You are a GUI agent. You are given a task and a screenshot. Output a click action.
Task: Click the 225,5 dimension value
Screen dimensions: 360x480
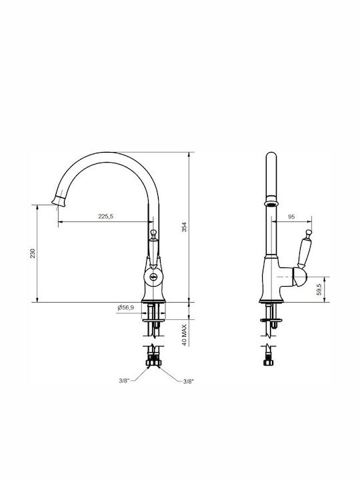pos(105,216)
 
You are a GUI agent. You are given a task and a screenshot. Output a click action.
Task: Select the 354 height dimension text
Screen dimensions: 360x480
pos(184,227)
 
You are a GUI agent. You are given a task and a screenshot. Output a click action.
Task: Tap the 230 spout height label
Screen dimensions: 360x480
pos(33,253)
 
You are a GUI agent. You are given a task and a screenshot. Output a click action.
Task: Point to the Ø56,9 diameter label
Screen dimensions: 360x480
pos(125,307)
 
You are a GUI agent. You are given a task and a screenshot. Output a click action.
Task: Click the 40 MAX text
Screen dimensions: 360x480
pos(184,335)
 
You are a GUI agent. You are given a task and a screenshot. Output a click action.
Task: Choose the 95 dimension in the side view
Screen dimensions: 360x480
pos(291,217)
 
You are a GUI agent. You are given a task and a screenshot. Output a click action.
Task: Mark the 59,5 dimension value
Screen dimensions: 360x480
pos(319,289)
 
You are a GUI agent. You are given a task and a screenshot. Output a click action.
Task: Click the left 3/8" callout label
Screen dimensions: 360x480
pos(124,381)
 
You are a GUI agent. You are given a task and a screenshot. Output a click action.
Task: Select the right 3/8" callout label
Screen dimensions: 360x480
pos(189,381)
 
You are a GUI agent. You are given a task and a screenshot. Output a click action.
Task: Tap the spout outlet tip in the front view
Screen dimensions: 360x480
pos(59,201)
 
